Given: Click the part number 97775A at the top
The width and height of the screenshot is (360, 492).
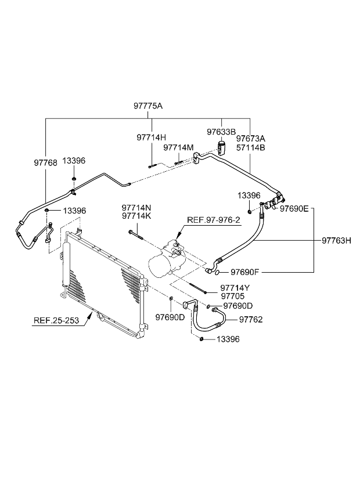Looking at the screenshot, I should (148, 106).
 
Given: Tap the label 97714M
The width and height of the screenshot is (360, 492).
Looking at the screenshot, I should (178, 148).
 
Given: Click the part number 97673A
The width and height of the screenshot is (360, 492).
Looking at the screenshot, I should (250, 138).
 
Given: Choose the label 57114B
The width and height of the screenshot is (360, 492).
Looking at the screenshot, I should (250, 147).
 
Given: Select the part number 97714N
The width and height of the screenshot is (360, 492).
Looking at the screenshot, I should (136, 207).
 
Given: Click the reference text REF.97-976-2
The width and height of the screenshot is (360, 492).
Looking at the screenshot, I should (213, 220).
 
